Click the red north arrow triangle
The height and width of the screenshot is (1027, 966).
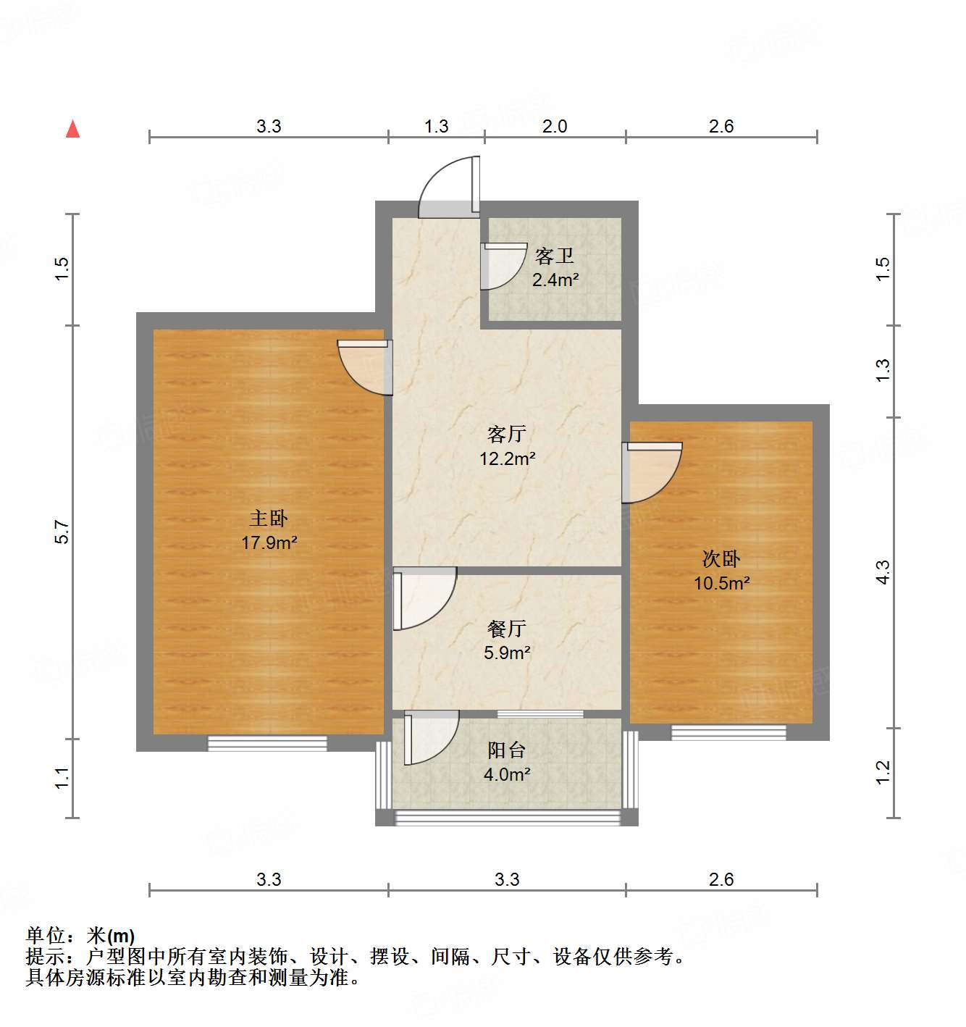[x=72, y=129]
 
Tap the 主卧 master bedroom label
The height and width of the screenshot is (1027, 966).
[x=269, y=519]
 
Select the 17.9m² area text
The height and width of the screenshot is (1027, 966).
[x=269, y=542]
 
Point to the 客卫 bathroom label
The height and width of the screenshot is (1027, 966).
[x=555, y=256]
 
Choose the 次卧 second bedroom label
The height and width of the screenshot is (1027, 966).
[x=721, y=559]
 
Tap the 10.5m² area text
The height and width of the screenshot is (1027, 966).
[x=722, y=583]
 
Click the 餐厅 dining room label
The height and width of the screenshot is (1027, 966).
[x=507, y=629]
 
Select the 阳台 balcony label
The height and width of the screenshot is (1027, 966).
[x=507, y=750]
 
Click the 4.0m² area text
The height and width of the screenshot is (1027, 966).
[x=507, y=774]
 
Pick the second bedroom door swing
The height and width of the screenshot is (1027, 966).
[x=651, y=472]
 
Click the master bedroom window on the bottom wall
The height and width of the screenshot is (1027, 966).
[x=267, y=743]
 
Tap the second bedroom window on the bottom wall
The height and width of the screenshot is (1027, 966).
[x=728, y=732]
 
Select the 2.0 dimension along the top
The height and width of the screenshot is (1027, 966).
[x=555, y=126]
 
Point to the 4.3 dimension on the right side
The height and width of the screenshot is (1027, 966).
[x=883, y=572]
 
